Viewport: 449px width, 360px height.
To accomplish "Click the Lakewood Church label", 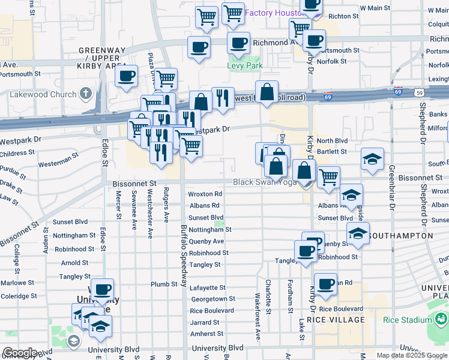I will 43,94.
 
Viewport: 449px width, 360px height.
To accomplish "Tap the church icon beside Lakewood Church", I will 86,94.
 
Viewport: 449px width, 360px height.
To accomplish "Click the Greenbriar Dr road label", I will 391,192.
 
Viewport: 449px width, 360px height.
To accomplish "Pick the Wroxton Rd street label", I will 205,194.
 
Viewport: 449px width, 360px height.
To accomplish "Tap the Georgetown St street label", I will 212,299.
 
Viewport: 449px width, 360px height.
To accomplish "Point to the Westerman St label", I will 58,163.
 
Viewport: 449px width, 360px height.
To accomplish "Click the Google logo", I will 20,353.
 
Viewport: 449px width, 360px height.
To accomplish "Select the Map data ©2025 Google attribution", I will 412,355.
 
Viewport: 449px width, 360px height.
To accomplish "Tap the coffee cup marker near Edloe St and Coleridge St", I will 102,290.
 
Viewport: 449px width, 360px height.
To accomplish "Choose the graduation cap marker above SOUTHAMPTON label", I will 358,233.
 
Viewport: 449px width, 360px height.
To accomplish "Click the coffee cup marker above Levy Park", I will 238,43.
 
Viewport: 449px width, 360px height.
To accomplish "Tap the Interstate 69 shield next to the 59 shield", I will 397,92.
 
